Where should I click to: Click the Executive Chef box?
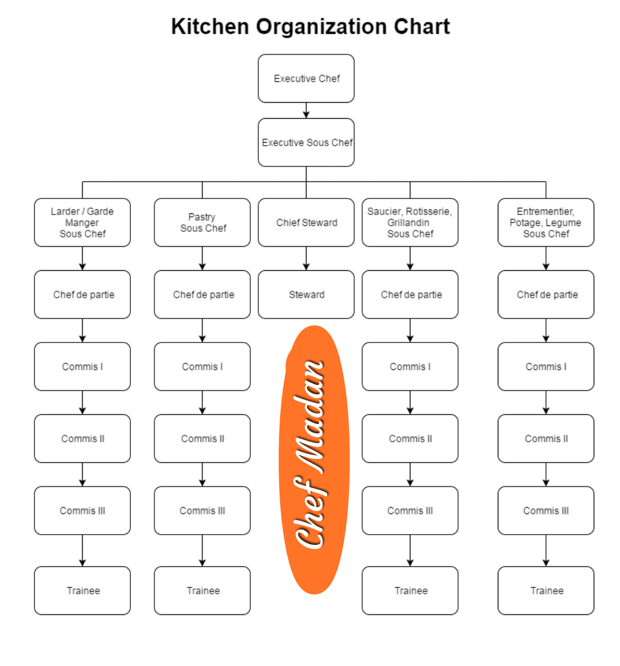[x=306, y=78]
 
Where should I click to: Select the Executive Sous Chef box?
[x=306, y=142]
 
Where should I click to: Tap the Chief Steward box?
[x=306, y=222]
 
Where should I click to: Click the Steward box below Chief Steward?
[x=306, y=294]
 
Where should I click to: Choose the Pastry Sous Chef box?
[x=202, y=222]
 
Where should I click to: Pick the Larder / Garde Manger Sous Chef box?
[x=83, y=222]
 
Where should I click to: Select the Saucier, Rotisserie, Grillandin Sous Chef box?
[x=410, y=222]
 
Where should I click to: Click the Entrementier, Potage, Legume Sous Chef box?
[x=546, y=222]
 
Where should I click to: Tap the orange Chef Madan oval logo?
[x=314, y=459]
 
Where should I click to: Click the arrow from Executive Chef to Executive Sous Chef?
[x=306, y=111]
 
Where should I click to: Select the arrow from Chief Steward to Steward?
[x=306, y=258]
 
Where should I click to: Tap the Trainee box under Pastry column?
[x=202, y=590]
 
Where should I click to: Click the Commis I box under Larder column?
[x=83, y=366]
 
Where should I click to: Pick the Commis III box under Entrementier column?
[x=546, y=510]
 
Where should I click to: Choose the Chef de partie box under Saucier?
[x=410, y=294]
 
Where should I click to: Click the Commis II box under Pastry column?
[x=202, y=438]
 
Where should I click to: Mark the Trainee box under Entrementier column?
[x=546, y=590]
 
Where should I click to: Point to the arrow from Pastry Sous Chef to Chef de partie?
[x=202, y=258]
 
